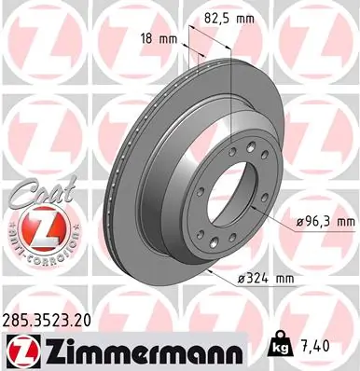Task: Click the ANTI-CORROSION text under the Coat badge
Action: [x=36, y=255]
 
